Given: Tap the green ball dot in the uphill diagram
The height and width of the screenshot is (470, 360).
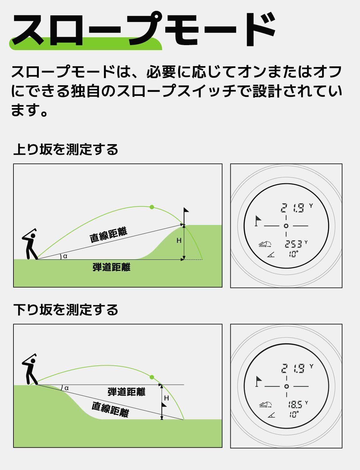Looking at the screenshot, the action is tap(152, 207).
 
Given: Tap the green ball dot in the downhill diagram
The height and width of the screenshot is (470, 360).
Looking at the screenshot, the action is tap(152, 377).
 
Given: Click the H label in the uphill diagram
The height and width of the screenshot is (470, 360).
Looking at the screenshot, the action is tap(179, 241).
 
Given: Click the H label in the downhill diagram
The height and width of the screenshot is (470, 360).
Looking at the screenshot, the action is tap(167, 398).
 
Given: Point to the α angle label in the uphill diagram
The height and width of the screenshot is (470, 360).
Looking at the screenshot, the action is tap(65, 256).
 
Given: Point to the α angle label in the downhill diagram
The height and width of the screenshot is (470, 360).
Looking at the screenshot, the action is tap(66, 388).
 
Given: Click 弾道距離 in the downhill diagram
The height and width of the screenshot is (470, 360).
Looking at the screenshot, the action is tap(126, 392).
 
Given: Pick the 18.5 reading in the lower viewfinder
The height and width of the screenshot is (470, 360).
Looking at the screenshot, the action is tap(295, 404).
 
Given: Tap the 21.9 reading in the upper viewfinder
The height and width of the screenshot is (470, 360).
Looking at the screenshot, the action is tap(293, 208).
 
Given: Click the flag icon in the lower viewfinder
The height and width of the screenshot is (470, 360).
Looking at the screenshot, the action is tap(259, 381).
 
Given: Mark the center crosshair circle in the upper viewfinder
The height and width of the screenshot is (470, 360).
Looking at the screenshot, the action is tap(286, 226).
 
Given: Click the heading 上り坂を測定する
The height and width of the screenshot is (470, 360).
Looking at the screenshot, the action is tap(66, 149).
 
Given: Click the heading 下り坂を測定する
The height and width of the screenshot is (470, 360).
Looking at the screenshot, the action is tap(66, 310).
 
